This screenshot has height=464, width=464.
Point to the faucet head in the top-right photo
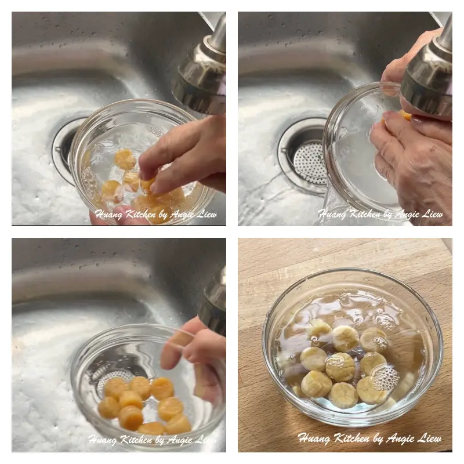pos(429,75)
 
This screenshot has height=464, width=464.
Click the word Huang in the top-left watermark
pos(107,215)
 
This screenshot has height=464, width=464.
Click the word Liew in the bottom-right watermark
pos(429,438)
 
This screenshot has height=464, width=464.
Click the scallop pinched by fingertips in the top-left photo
pos(147,184)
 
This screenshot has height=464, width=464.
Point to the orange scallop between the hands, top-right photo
pos(406,115)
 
